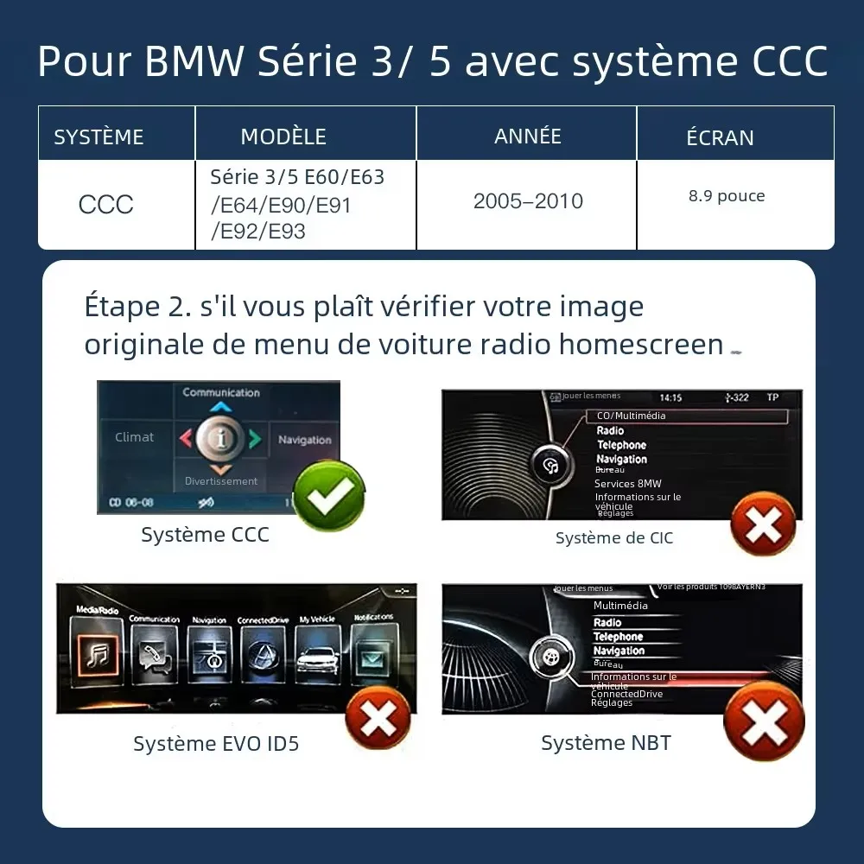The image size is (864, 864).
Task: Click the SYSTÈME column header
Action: pos(98,137)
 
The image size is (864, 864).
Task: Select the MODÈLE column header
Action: pos(283,137)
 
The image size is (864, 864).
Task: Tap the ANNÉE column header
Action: pos(528,136)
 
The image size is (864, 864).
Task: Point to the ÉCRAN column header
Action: pos(720,137)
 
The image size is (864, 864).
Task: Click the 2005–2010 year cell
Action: pos(528,201)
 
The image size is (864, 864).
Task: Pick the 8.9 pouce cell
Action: pos(727,196)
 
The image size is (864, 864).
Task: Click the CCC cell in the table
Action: pos(106,205)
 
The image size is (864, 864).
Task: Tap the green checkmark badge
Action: pos(329,495)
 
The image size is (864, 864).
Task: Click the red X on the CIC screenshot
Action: pos(764,524)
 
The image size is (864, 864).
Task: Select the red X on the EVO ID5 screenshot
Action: pos(378,719)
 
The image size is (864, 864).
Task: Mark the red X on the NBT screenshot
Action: pos(763,721)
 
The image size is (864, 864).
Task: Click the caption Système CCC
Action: pos(206,535)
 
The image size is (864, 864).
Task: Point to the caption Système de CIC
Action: pos(613,538)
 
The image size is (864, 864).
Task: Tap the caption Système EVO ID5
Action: pos(216,744)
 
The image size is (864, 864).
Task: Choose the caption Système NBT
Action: pos(606,743)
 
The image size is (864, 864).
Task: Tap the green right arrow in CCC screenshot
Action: pos(255,439)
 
